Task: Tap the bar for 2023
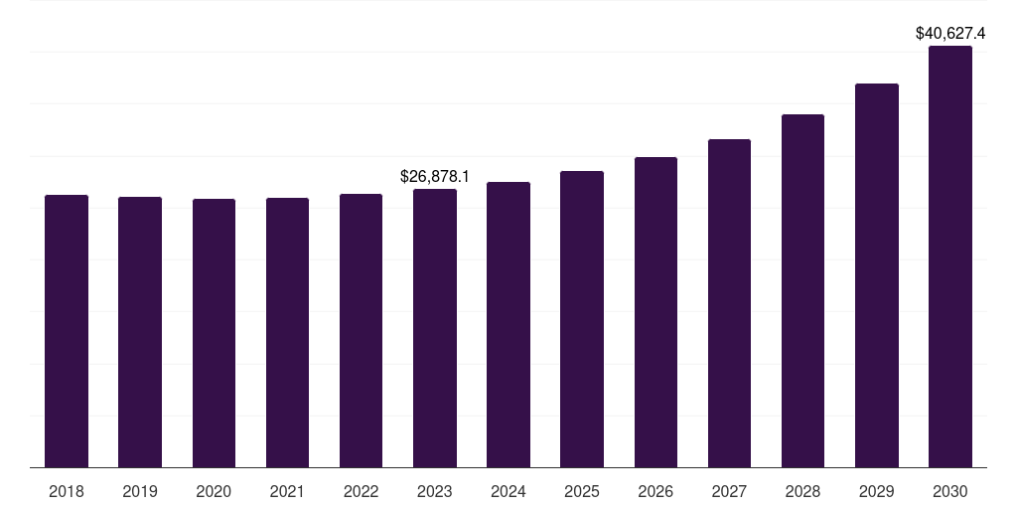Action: tap(435, 328)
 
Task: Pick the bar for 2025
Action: tap(582, 319)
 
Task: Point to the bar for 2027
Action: tap(729, 303)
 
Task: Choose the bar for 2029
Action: tap(877, 275)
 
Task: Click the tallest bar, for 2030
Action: tap(950, 256)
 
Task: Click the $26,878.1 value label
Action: tap(435, 176)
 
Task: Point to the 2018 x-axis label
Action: tap(67, 491)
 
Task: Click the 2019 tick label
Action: tap(140, 491)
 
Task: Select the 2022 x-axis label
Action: tap(362, 491)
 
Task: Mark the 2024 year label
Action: tap(508, 491)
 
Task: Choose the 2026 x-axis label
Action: tap(655, 491)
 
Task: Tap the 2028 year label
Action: tap(802, 491)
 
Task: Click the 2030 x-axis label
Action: tap(950, 491)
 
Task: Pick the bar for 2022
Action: tap(362, 330)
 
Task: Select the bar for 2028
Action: tap(802, 290)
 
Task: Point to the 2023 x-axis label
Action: tap(435, 491)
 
